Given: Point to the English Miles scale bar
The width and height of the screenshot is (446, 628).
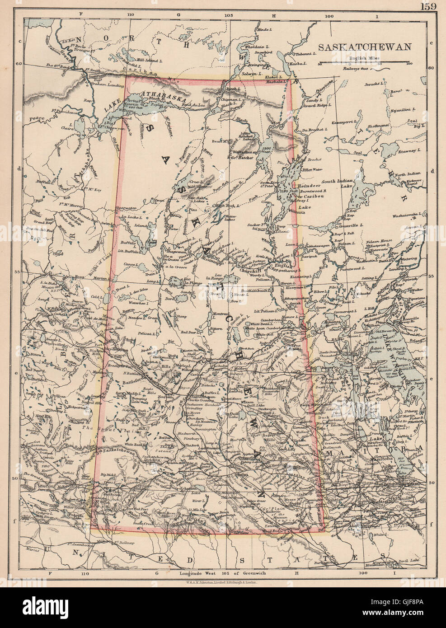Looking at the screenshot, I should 364,61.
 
